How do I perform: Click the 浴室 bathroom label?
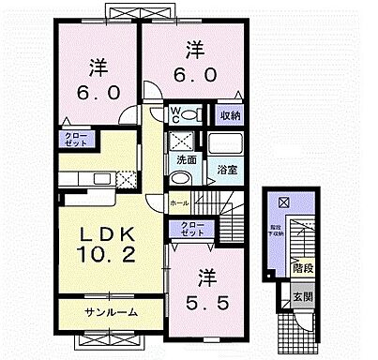click(x=227, y=170)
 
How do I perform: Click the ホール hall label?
click(x=178, y=202)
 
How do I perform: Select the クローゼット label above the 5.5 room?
click(x=189, y=227)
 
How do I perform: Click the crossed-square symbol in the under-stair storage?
click(x=284, y=202)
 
